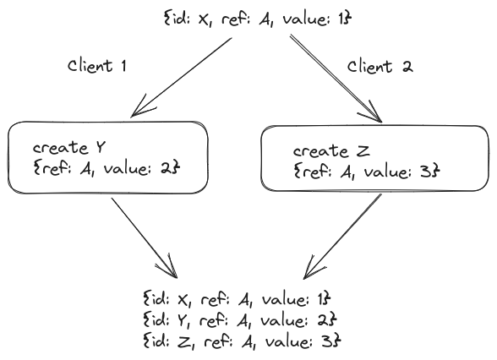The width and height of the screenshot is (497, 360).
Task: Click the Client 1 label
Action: point(97,66)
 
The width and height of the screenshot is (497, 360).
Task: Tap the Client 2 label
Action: point(380,67)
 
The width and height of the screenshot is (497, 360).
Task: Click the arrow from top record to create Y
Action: point(181,78)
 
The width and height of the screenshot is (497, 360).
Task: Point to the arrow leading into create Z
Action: point(336,79)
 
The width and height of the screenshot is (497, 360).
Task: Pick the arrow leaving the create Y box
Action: point(145,238)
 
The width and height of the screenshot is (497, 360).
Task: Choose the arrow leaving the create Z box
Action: point(342,237)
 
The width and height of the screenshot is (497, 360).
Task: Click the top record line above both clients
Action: point(258,19)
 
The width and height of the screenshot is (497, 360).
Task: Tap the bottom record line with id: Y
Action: point(240,320)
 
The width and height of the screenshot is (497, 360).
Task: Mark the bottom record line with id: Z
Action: point(242,341)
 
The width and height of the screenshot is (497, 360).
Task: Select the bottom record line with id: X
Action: point(237,299)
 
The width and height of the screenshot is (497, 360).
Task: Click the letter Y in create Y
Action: point(100,148)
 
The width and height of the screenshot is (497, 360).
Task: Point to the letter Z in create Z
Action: point(363,150)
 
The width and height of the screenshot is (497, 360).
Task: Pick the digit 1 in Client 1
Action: point(123,66)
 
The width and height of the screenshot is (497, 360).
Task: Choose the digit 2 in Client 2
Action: point(407,67)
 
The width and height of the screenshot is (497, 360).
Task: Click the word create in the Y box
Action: point(61,149)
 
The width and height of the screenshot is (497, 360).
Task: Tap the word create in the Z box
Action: point(320,151)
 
